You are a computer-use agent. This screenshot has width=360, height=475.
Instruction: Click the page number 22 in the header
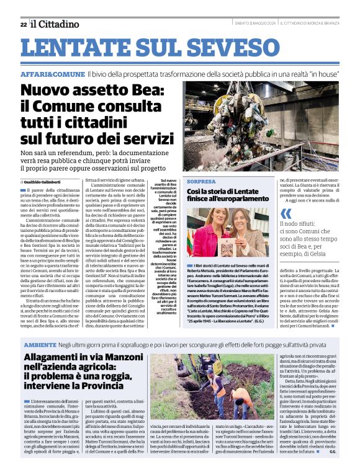(x=23, y=24)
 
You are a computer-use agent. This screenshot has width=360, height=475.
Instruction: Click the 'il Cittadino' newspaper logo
(x=55, y=24)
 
